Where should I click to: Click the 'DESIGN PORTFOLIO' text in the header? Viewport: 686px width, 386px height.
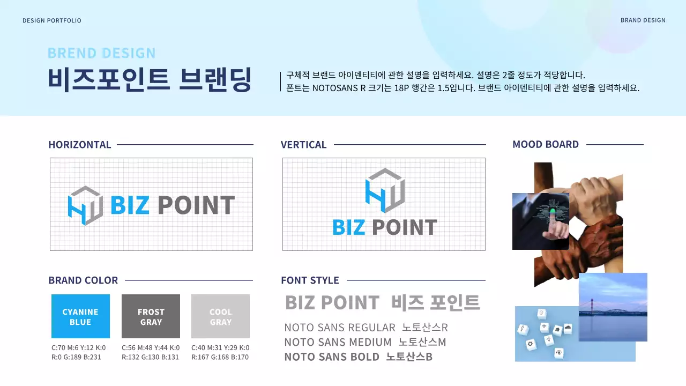pos(52,20)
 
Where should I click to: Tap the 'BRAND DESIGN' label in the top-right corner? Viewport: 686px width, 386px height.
pos(643,20)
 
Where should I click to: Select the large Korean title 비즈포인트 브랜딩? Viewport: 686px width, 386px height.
pos(150,79)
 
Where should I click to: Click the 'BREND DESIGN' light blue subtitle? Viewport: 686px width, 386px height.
pos(101,53)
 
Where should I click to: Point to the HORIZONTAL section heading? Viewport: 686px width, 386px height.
pos(79,144)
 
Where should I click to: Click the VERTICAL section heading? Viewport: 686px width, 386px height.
pos(303,144)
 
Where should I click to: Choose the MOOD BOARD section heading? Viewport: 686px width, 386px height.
pos(546,144)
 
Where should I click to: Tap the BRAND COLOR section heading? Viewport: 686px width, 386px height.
pos(83,280)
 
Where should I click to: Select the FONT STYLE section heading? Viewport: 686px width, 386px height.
pos(310,280)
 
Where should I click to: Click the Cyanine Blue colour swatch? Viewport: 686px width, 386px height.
pos(80,316)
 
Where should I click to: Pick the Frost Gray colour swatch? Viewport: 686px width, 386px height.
pos(151,316)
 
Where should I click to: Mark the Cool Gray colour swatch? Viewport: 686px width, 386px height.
pos(220,316)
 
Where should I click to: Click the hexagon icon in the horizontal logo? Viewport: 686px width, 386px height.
pos(85,205)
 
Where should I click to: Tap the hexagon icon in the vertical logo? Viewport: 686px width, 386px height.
pos(384,190)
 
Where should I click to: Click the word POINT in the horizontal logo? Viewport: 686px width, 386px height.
pos(196,205)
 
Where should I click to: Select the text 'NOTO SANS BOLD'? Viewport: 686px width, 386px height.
pos(332,357)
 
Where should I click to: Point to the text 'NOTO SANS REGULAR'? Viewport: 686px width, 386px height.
pos(340,328)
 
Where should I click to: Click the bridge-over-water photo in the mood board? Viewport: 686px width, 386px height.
pos(613,307)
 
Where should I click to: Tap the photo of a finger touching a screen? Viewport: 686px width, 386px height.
pos(540,221)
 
